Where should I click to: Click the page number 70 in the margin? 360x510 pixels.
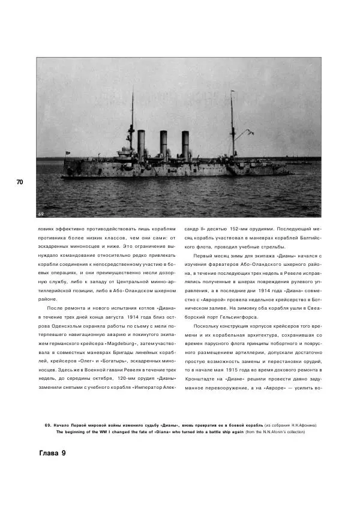click(x=19, y=182)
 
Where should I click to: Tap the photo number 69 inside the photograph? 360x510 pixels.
click(x=41, y=213)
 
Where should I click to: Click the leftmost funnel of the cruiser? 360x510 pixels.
click(x=142, y=145)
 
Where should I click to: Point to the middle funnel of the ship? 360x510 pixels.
click(x=163, y=145)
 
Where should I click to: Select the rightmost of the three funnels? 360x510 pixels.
click(x=185, y=145)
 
